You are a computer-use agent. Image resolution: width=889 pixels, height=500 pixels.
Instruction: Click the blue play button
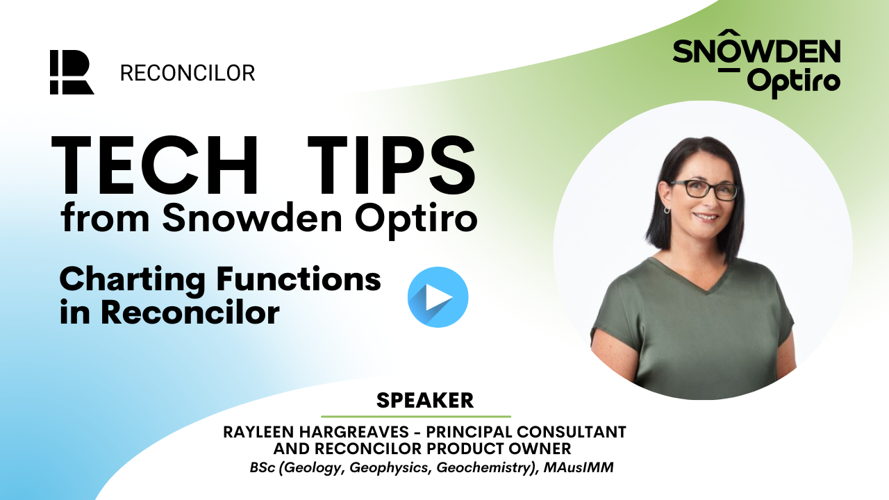pos(438,297)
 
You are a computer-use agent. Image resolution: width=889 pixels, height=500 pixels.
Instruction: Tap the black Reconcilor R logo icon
pos(72,72)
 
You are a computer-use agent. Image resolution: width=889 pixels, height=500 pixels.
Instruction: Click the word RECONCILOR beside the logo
pos(188,74)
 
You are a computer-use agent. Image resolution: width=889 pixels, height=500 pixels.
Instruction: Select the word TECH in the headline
pos(155,165)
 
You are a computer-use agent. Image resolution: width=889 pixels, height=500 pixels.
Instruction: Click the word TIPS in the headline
pos(392,165)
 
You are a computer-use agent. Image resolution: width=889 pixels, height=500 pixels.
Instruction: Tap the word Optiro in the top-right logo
pos(794,83)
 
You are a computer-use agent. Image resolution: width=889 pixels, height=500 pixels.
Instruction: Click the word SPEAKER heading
pos(425,401)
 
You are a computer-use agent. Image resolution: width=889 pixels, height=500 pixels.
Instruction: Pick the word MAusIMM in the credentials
pos(579,467)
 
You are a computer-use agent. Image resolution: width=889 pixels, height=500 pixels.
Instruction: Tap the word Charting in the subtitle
pos(133,280)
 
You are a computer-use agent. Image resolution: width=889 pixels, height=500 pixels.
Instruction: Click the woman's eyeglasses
pos(704,190)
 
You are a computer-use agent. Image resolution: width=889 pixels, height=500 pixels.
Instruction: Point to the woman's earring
pos(667,209)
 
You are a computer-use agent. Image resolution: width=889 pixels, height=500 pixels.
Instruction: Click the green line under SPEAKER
pos(416,417)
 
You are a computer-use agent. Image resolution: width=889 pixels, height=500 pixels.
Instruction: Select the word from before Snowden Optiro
pos(105,218)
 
